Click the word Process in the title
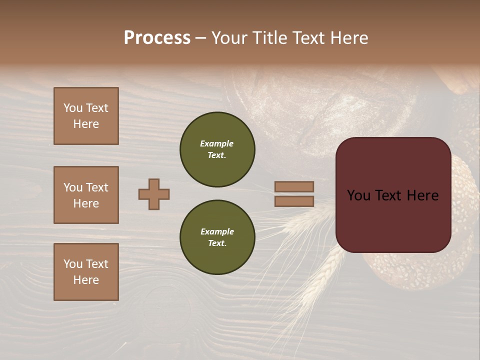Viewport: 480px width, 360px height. click(x=157, y=38)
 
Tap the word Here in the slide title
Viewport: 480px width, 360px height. click(x=348, y=38)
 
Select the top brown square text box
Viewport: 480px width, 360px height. click(x=86, y=116)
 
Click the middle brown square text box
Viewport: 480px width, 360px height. click(x=86, y=195)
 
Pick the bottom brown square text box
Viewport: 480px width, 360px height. click(x=86, y=272)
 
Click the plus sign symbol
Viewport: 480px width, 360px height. click(x=154, y=194)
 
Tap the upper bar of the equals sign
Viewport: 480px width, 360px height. click(x=294, y=187)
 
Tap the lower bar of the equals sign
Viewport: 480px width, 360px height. click(x=294, y=201)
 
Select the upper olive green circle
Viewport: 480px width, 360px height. click(x=217, y=149)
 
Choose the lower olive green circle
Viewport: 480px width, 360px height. click(x=217, y=237)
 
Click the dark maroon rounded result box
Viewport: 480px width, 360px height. click(x=393, y=195)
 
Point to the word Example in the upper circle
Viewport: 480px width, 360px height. click(x=217, y=143)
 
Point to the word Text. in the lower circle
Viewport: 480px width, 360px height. click(x=217, y=243)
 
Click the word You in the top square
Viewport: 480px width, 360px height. click(x=73, y=108)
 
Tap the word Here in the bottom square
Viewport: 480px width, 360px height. click(x=86, y=280)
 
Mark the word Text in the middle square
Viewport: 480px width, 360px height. click(x=97, y=187)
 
